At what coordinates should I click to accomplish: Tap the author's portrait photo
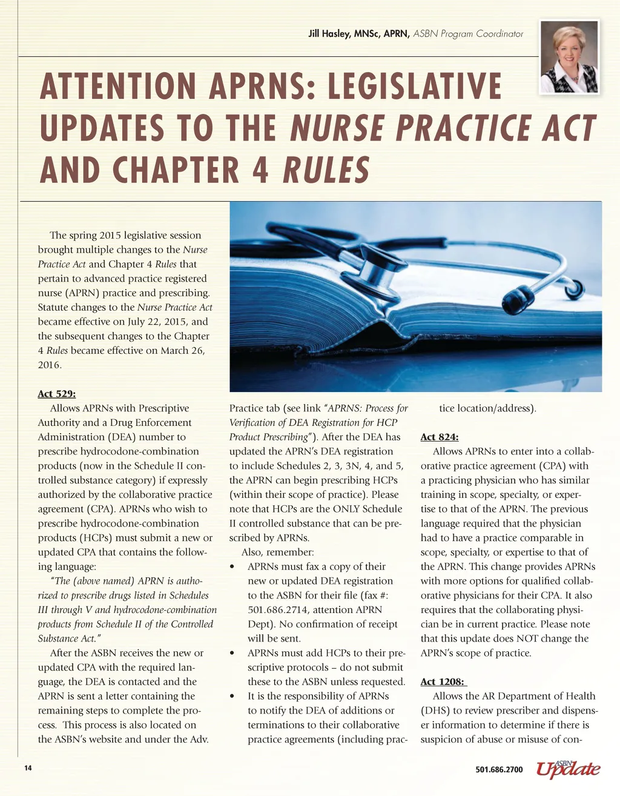tap(569, 58)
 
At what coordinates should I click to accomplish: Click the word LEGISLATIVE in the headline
tap(415, 87)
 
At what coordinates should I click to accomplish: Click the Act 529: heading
tap(57, 394)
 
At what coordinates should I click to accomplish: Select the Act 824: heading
tap(440, 437)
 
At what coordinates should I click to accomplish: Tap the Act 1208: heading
tap(443, 682)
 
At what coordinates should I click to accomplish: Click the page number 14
tap(28, 769)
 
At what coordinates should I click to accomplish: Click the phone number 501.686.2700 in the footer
tap(499, 769)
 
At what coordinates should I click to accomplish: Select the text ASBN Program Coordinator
tap(468, 34)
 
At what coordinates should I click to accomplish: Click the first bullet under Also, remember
tap(233, 567)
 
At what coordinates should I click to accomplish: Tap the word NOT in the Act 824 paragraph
tap(527, 638)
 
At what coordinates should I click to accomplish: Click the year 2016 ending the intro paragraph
tap(49, 365)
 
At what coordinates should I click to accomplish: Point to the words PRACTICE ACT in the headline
tap(494, 128)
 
